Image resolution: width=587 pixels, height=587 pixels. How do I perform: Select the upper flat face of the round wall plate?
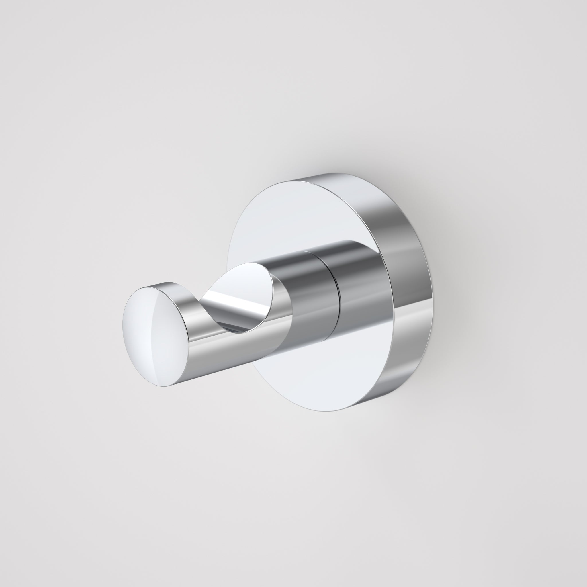coord(304,213)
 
